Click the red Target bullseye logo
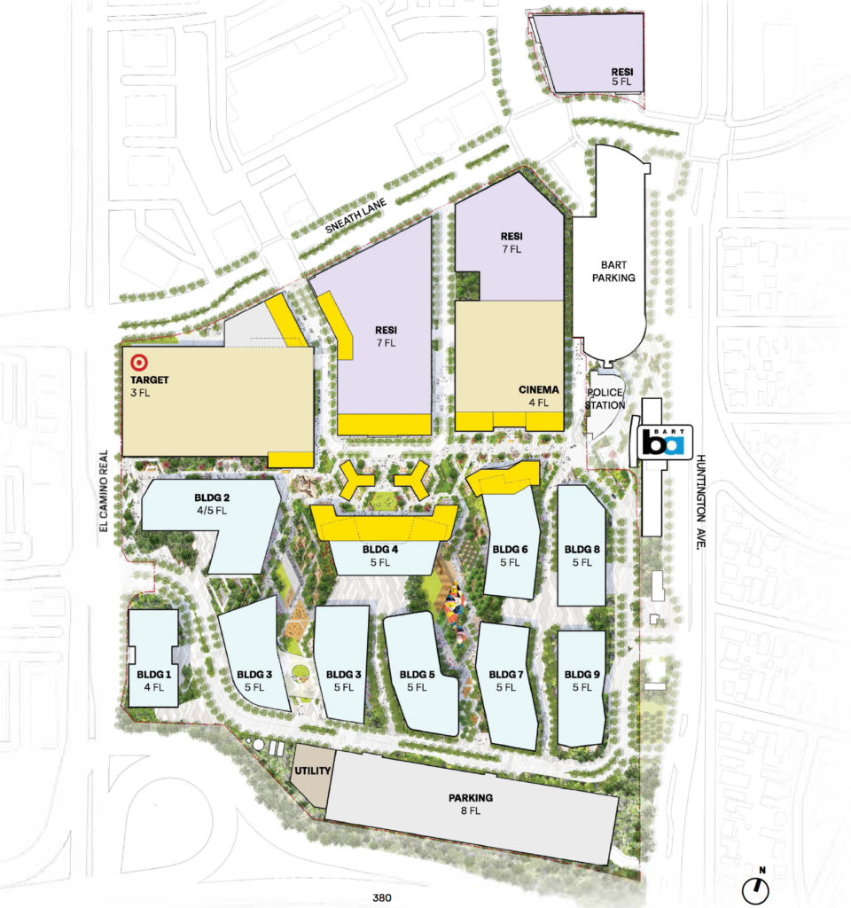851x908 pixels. coord(137,363)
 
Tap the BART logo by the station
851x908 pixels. coord(663,441)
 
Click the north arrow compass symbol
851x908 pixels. coord(756,884)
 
